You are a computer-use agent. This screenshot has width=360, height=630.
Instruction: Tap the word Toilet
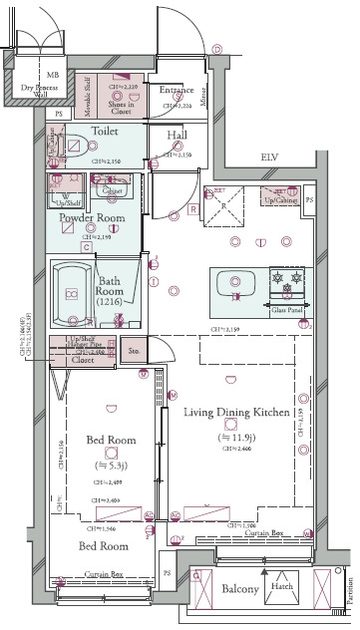coord(106,131)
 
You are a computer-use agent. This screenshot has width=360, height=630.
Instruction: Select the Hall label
coord(177,136)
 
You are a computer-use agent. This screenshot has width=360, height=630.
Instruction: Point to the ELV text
coord(267,157)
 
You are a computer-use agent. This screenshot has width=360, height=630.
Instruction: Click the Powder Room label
coord(90,217)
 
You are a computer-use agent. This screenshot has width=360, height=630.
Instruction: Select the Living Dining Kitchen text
coord(236,412)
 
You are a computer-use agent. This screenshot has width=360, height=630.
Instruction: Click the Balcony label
coord(240,589)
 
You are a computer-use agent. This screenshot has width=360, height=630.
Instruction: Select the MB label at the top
coord(52,75)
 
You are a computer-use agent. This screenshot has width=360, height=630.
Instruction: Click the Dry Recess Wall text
coord(41,92)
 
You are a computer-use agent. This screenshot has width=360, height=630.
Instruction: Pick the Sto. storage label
coord(134,351)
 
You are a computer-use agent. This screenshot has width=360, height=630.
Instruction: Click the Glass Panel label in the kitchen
coord(286,311)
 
